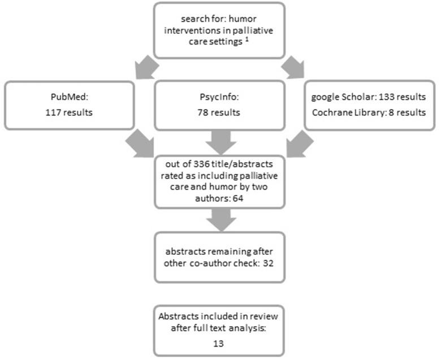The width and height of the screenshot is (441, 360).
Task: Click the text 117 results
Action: click(x=69, y=112)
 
